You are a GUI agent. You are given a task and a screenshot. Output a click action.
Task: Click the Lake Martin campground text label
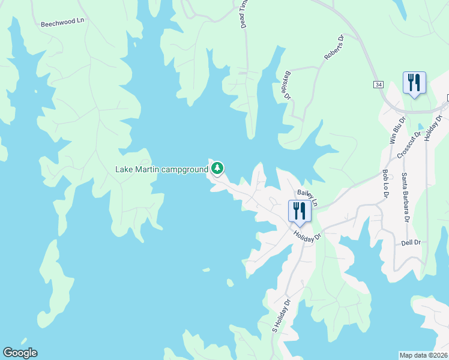tap(161, 169)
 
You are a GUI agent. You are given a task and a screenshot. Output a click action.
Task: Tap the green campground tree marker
tap(217, 169)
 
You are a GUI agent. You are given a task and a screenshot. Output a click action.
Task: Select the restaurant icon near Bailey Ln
tap(299, 211)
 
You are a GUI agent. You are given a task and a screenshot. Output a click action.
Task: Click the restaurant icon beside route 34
tap(414, 82)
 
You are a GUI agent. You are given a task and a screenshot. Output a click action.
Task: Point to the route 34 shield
tap(378, 85)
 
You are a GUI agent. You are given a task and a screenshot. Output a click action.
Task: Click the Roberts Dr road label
tap(334, 47)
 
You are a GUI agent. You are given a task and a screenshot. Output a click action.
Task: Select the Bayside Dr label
tap(286, 85)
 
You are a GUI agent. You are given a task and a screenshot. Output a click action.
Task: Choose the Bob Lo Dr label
tap(385, 184)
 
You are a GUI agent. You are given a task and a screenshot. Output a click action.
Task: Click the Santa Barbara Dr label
tap(405, 197)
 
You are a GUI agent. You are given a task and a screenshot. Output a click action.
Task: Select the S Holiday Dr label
tap(281, 315)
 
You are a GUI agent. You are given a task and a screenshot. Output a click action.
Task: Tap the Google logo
tap(20, 353)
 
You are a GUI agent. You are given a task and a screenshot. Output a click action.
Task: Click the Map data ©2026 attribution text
tap(423, 355)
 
